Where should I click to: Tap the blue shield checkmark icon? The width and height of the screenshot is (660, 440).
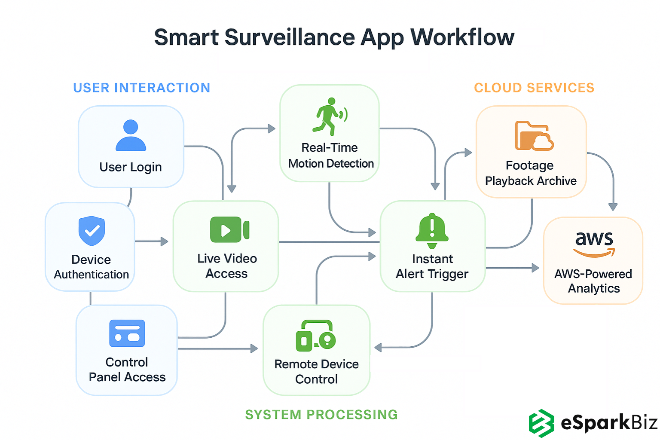click(x=92, y=231)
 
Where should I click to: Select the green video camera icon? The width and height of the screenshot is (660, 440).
click(x=229, y=230)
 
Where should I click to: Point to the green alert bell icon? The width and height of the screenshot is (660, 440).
click(x=432, y=231)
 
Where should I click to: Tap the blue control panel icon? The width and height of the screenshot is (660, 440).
click(x=127, y=333)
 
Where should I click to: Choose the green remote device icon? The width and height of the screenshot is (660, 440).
click(x=316, y=336)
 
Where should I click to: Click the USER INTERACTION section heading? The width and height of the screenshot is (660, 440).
click(x=142, y=88)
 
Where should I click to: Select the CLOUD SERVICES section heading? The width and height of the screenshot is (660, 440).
click(x=534, y=88)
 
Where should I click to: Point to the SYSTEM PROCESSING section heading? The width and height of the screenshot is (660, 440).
click(x=321, y=415)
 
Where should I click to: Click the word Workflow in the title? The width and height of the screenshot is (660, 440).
click(x=462, y=37)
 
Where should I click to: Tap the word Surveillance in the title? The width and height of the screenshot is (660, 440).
click(x=290, y=37)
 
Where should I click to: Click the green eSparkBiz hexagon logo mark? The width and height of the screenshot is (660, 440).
click(x=541, y=423)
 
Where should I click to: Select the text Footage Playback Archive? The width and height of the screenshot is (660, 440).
click(x=531, y=173)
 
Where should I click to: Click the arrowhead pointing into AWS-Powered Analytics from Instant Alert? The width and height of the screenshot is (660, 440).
click(x=535, y=268)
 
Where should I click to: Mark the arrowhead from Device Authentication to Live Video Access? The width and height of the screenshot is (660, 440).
click(x=165, y=241)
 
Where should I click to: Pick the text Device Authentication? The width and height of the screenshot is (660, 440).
click(x=91, y=267)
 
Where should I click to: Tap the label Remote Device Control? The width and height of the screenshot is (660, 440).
click(x=317, y=372)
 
